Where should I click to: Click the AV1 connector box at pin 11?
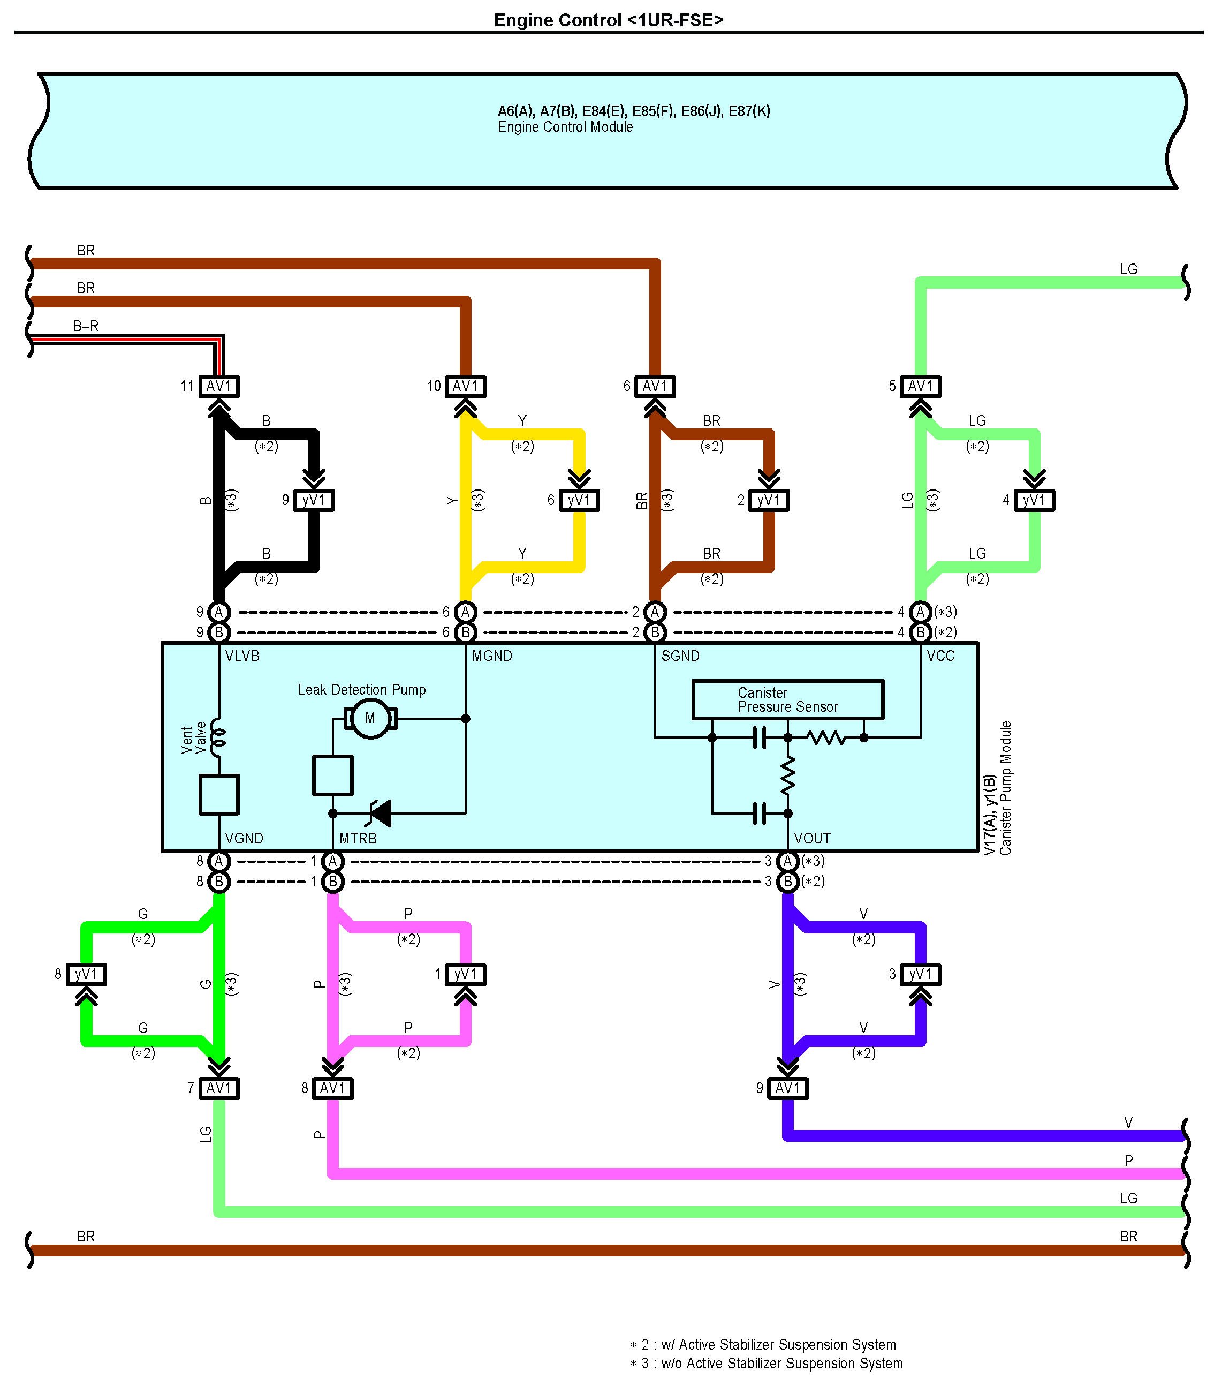point(219,386)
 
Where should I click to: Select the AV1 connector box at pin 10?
point(465,386)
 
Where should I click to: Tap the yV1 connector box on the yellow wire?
point(579,500)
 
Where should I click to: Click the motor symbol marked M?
point(370,718)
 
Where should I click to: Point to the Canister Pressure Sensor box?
point(787,699)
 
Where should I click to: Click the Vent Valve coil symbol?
point(218,738)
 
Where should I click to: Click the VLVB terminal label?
point(242,656)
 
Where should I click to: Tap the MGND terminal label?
point(492,656)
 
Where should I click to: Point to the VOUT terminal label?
point(811,838)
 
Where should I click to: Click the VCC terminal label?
point(940,656)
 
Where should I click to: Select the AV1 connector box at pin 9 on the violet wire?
point(788,1088)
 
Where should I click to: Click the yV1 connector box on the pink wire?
point(465,975)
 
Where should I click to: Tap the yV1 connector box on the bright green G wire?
point(86,975)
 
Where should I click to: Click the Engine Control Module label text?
point(565,127)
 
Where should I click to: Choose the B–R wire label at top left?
point(86,326)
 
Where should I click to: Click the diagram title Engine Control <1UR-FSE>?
point(608,20)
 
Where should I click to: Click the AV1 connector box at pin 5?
point(920,386)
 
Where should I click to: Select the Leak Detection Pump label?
point(362,690)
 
